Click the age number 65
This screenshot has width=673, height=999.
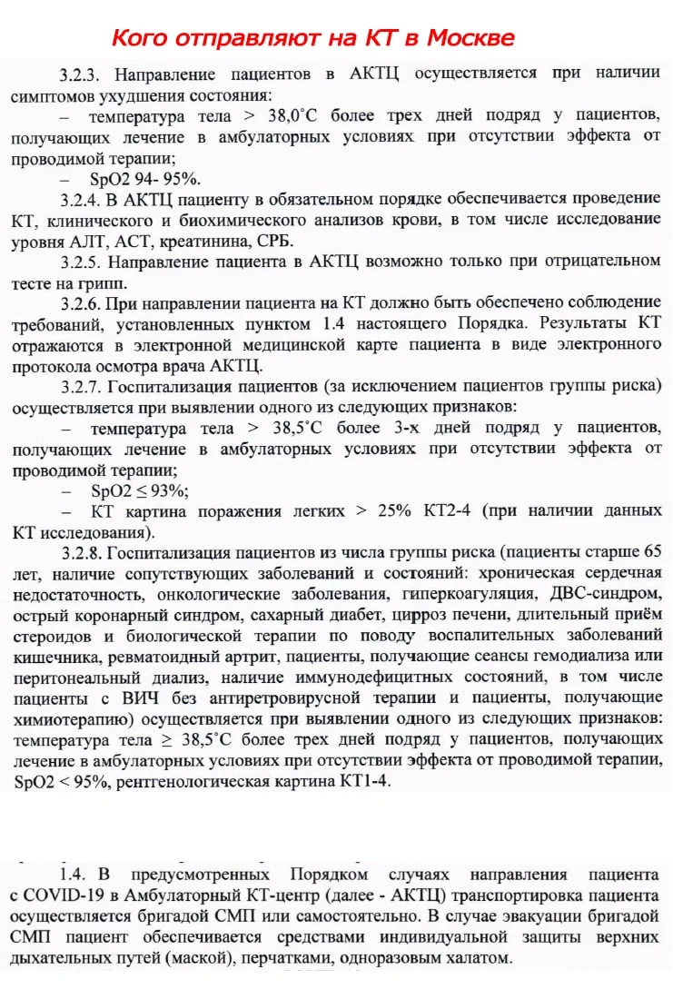tap(651, 553)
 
